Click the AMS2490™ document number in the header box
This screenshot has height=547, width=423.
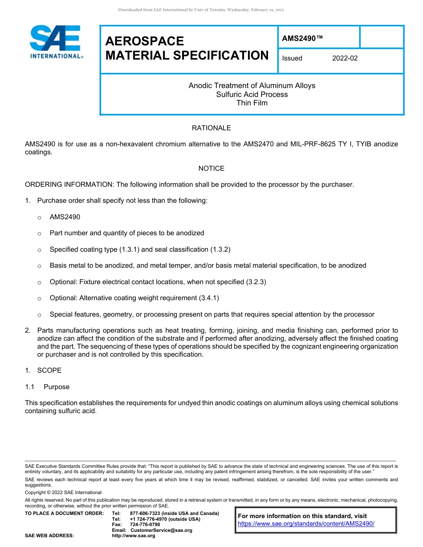click(302, 39)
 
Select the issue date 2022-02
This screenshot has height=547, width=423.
click(345, 58)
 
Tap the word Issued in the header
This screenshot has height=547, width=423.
click(292, 58)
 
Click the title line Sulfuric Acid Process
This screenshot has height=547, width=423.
click(252, 94)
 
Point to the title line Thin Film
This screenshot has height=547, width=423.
click(252, 103)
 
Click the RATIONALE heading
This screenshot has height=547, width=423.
click(211, 128)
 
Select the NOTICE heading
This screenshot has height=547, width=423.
click(211, 169)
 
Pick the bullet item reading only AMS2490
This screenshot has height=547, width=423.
click(65, 217)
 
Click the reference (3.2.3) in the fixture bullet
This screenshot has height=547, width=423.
click(256, 282)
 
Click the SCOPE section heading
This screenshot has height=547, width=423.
click(49, 370)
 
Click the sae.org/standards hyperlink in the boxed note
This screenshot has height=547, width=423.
click(306, 524)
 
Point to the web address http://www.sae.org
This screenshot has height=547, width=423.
click(134, 536)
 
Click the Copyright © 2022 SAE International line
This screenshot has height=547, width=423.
click(63, 492)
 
